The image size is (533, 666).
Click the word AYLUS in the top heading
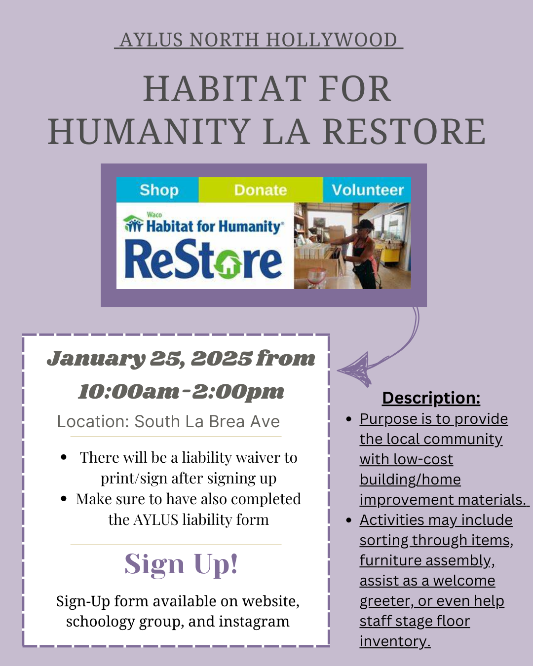click(x=151, y=40)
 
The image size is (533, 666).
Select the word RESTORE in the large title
click(x=404, y=131)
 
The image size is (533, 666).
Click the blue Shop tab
click(x=157, y=190)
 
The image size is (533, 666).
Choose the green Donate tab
click(x=261, y=190)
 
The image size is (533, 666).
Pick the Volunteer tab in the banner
click(x=367, y=190)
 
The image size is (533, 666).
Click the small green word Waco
click(x=154, y=215)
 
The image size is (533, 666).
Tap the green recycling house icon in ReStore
click(x=228, y=265)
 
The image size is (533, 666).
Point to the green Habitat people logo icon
click(x=133, y=223)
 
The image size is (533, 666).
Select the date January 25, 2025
click(x=149, y=359)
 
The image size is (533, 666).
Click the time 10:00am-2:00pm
click(x=181, y=392)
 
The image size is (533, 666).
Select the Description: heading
click(x=431, y=398)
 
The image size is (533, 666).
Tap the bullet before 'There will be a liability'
click(x=64, y=457)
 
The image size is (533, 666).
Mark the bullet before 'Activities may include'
click(x=349, y=520)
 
